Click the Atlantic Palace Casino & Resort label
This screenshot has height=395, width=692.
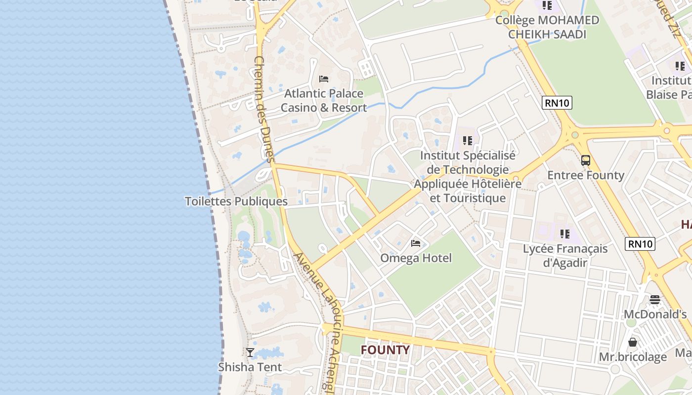(324, 100)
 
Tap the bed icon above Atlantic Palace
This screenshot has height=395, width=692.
(324, 79)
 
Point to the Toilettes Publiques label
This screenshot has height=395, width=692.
(236, 201)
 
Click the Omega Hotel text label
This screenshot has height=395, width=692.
(416, 258)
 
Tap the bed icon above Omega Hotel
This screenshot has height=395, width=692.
(416, 243)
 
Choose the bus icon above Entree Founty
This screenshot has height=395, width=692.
(586, 160)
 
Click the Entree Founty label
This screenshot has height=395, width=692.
(586, 175)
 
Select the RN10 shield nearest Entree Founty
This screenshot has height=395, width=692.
(557, 103)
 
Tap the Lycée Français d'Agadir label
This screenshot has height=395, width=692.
(565, 255)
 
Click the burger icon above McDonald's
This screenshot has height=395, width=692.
(655, 299)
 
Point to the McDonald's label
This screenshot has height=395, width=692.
(655, 315)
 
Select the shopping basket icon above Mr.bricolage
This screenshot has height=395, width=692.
(633, 342)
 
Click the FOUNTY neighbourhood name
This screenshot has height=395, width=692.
(385, 350)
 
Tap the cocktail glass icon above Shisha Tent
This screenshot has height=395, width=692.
(250, 352)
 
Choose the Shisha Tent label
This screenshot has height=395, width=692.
(250, 367)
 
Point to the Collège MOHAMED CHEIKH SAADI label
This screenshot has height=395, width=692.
(547, 27)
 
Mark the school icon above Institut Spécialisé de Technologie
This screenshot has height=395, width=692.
(468, 141)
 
